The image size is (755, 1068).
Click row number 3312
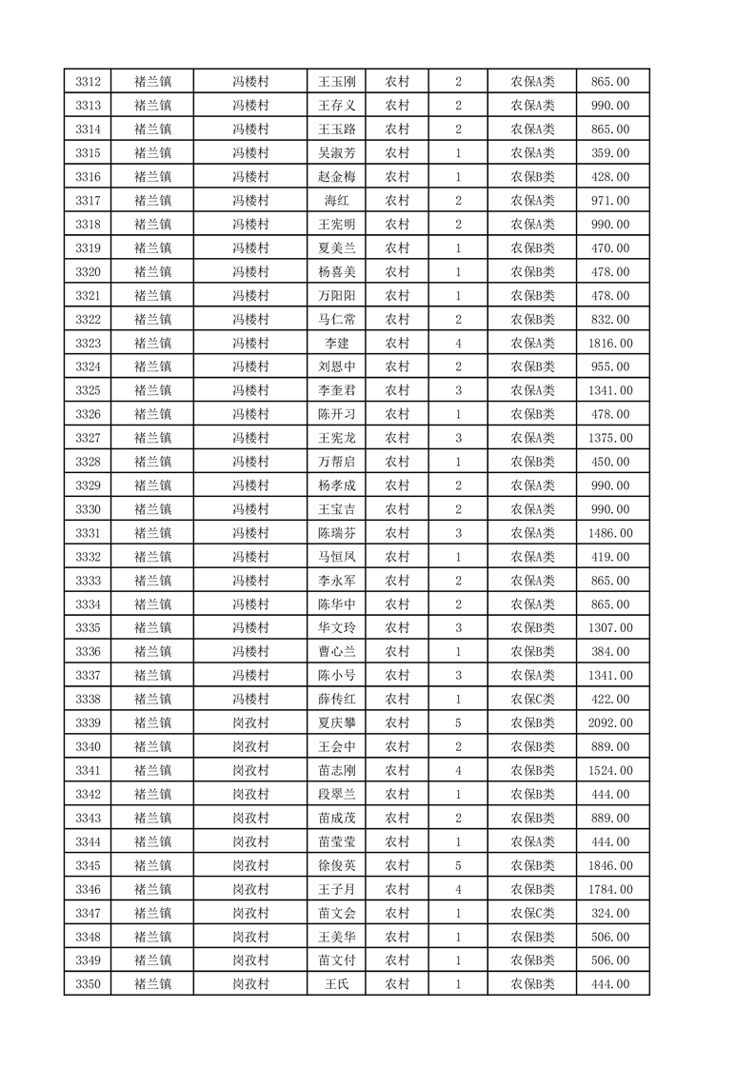pos(88,82)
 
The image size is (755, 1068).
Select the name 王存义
pos(336,106)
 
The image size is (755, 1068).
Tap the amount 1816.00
pos(611,343)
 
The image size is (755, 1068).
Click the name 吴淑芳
pos(336,153)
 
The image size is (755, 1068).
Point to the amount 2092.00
pos(611,723)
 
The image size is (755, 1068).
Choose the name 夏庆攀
pos(336,723)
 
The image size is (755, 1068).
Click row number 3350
pos(88,984)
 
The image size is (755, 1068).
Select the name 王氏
pos(336,984)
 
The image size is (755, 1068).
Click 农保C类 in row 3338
pos(532,700)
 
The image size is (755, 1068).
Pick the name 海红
pos(336,201)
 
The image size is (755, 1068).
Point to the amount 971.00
pos(611,201)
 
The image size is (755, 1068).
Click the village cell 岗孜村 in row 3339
pos(251,723)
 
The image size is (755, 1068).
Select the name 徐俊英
pos(336,865)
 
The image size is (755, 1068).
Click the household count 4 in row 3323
pos(458,343)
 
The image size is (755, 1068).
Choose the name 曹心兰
pos(336,652)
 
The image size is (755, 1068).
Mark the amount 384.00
pos(611,652)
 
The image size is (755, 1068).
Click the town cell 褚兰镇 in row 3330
pos(152,509)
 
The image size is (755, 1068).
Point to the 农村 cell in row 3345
pos(397,865)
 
